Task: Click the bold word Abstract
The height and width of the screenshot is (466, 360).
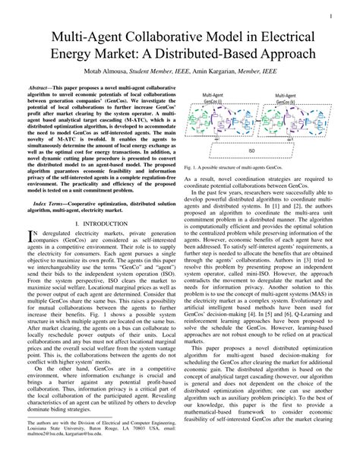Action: coord(46,89)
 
